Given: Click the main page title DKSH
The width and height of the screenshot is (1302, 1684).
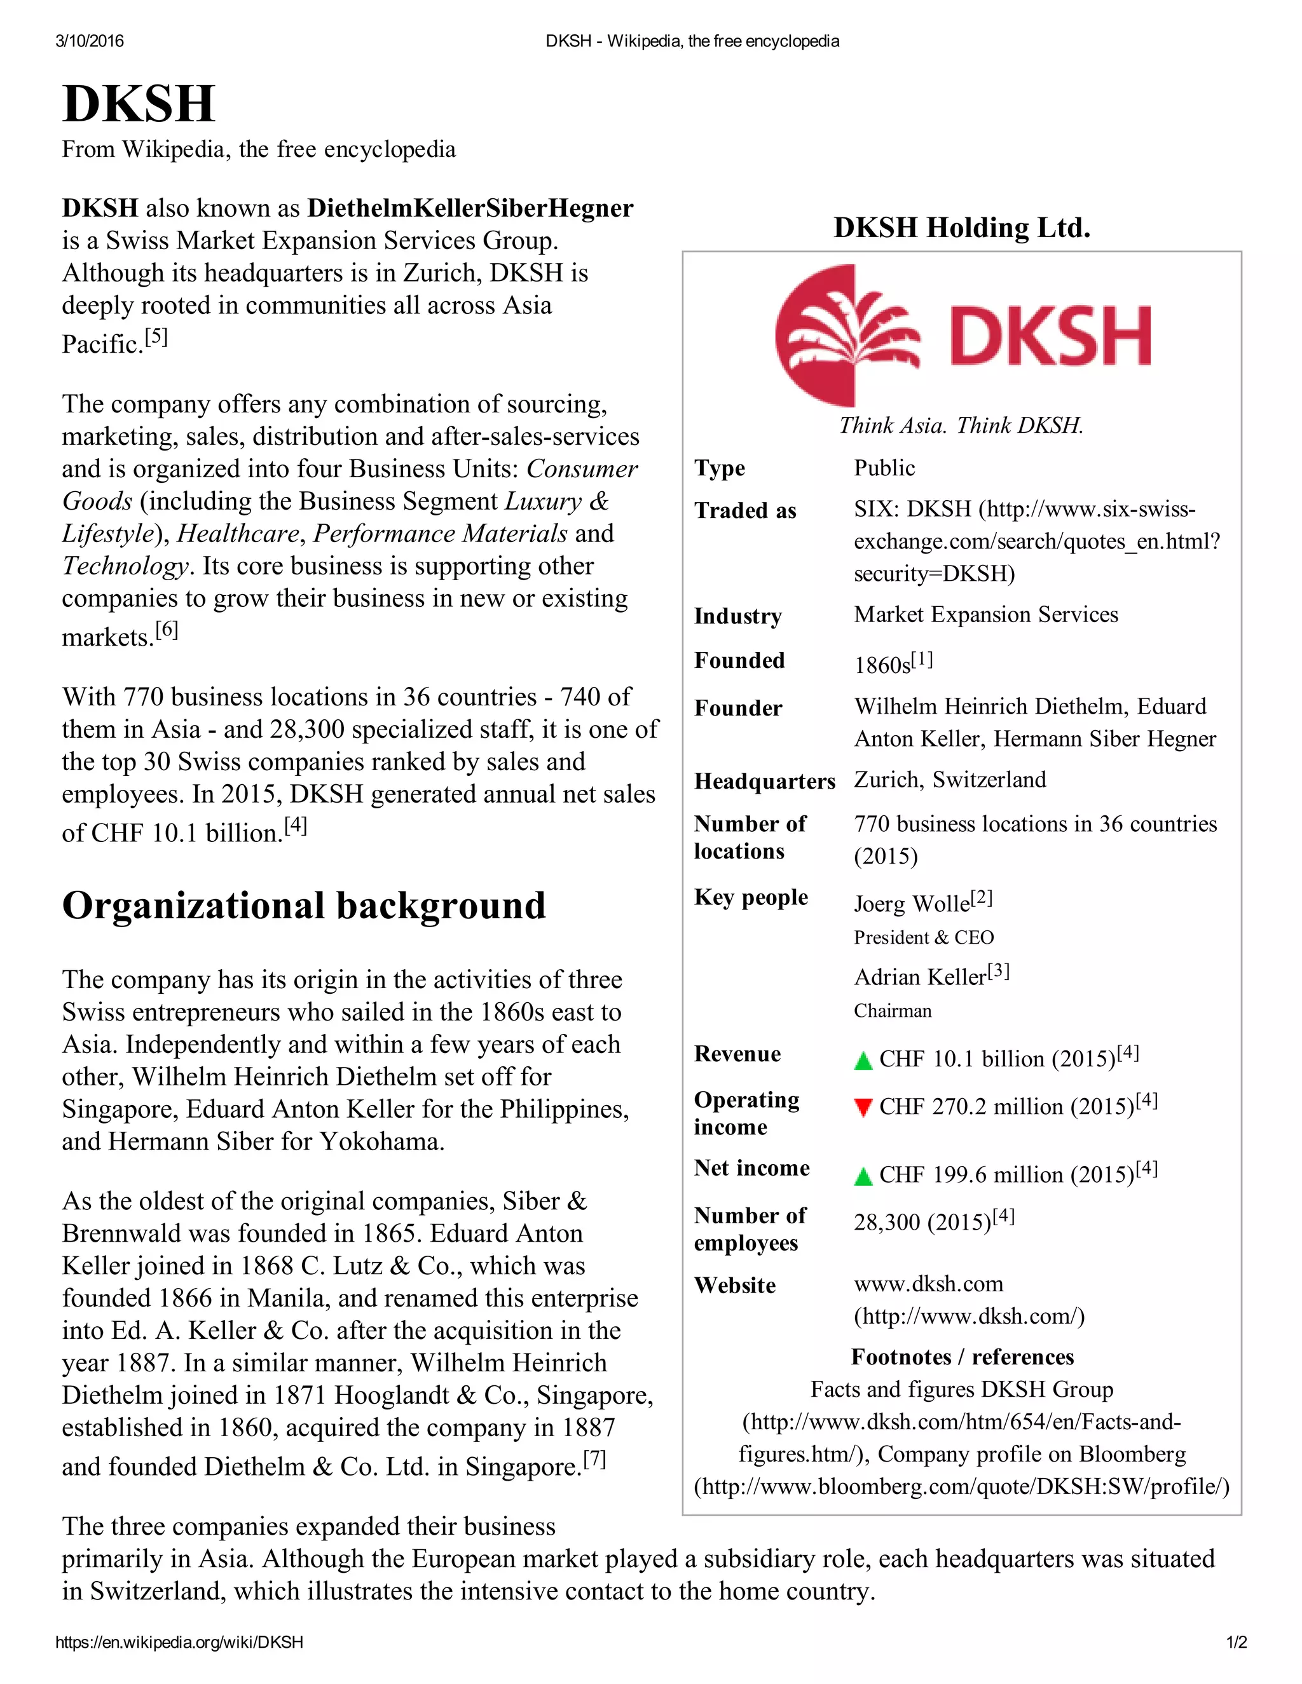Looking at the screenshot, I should coord(138,104).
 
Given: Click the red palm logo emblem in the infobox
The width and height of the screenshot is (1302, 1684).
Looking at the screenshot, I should coord(846,336).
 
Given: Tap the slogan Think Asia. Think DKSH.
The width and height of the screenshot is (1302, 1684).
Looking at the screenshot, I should coord(961,426).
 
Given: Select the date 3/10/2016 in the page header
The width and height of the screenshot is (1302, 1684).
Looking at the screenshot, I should coord(90,41).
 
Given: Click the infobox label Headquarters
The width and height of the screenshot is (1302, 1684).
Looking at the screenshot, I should coord(764,781).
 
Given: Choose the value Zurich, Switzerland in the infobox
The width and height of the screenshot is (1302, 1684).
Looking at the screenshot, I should coord(950,780).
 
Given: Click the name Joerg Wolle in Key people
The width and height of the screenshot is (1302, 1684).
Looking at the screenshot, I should coord(911,904).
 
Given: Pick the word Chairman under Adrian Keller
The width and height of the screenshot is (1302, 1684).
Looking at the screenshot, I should coord(893,1011).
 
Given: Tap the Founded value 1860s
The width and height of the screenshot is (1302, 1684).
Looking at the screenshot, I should coord(882,665).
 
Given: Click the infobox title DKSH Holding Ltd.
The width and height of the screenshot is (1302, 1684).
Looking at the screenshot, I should coord(961,227).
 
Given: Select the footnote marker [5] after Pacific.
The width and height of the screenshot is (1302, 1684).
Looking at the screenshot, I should coord(156,337).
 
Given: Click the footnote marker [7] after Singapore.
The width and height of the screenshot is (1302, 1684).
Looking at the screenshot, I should coord(594,1459).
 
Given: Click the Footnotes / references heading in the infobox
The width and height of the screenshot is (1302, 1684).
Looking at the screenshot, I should coord(961,1357).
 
